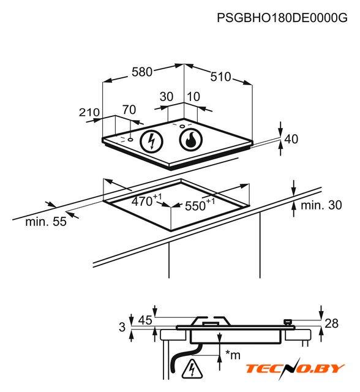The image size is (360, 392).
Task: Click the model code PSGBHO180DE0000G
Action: (282, 18)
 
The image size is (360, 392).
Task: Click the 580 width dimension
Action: (142, 72)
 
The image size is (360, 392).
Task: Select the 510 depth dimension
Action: (220, 77)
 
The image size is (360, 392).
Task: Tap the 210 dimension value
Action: (89, 113)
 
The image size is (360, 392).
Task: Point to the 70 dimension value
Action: (129, 110)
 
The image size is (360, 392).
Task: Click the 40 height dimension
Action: (291, 139)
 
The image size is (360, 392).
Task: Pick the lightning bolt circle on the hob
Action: (151, 141)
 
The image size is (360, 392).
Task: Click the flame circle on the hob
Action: (191, 140)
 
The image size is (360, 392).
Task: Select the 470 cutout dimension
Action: (146, 200)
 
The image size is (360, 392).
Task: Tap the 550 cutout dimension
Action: (200, 205)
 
